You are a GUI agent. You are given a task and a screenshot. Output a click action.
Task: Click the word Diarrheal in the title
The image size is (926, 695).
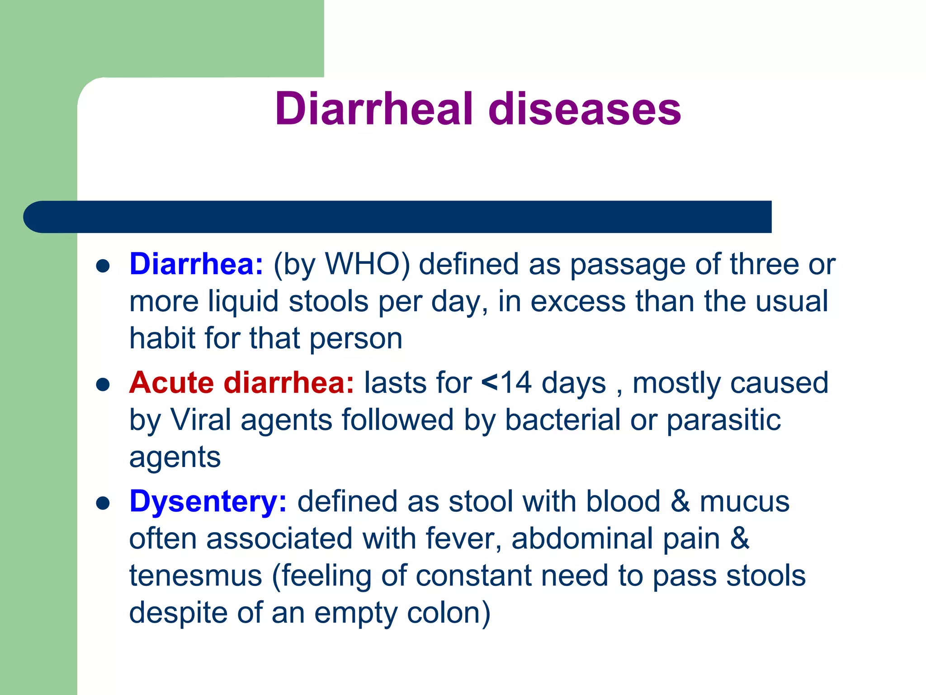[x=374, y=109]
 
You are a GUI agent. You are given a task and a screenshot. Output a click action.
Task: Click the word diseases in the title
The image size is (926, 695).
[x=585, y=109]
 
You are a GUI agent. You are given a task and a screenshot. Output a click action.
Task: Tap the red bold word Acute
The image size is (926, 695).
[x=171, y=383]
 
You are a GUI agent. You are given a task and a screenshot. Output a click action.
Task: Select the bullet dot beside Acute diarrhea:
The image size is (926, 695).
[x=103, y=385]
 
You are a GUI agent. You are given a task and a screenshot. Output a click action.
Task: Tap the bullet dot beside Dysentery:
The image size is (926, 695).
[x=103, y=504]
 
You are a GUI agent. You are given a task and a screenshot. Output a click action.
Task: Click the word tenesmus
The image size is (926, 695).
[x=195, y=576]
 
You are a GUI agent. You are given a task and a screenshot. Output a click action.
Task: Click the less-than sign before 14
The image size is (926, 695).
[x=490, y=383]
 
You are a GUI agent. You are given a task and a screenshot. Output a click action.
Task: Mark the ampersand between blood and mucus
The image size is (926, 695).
[x=680, y=501]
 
